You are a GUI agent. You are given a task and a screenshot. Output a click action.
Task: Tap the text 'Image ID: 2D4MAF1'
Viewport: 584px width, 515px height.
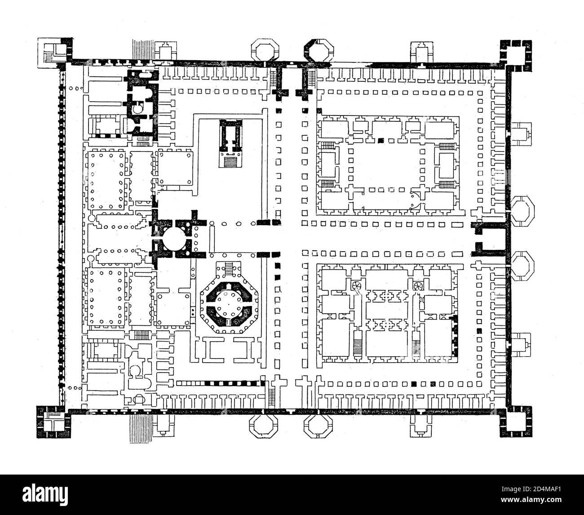(x=531, y=489)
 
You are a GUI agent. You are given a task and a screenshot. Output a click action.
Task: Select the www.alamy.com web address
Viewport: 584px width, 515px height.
(x=531, y=500)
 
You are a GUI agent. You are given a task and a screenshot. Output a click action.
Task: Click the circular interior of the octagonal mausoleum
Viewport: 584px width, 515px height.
(x=229, y=305)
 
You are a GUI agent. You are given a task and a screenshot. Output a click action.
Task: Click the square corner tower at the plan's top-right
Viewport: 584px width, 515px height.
(x=516, y=56)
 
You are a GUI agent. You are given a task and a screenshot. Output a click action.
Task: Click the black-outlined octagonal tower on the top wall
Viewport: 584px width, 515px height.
(x=318, y=52)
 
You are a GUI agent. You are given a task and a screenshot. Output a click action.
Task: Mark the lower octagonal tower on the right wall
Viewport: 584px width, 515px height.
(x=522, y=266)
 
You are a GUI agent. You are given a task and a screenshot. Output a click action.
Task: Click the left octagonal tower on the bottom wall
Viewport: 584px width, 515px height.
(x=263, y=426)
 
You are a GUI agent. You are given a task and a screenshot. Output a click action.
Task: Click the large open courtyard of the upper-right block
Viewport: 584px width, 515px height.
(x=386, y=167)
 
